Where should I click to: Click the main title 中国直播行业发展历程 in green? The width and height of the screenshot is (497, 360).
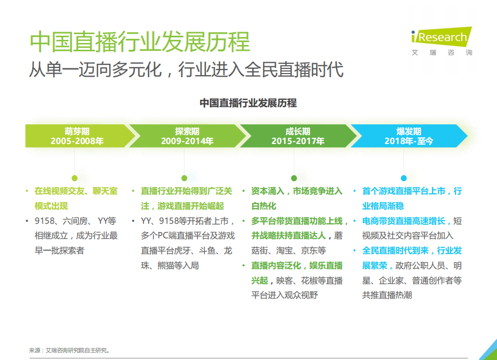click(140, 42)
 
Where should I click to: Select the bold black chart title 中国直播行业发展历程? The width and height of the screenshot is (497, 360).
click(248, 103)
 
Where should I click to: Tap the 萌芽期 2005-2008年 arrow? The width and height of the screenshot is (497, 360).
click(77, 136)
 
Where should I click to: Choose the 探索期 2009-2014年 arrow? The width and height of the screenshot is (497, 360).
click(187, 136)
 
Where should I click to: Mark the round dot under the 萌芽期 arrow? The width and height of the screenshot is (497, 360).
click(75, 178)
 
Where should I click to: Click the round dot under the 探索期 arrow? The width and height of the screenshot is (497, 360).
click(184, 178)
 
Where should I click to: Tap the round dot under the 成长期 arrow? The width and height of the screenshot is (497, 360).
click(294, 178)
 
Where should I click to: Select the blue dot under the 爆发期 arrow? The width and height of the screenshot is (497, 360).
click(404, 178)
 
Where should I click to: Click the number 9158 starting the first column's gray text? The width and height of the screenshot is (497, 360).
click(44, 221)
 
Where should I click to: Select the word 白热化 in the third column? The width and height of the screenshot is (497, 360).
click(264, 206)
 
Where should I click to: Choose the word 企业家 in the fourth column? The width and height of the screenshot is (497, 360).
click(390, 281)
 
